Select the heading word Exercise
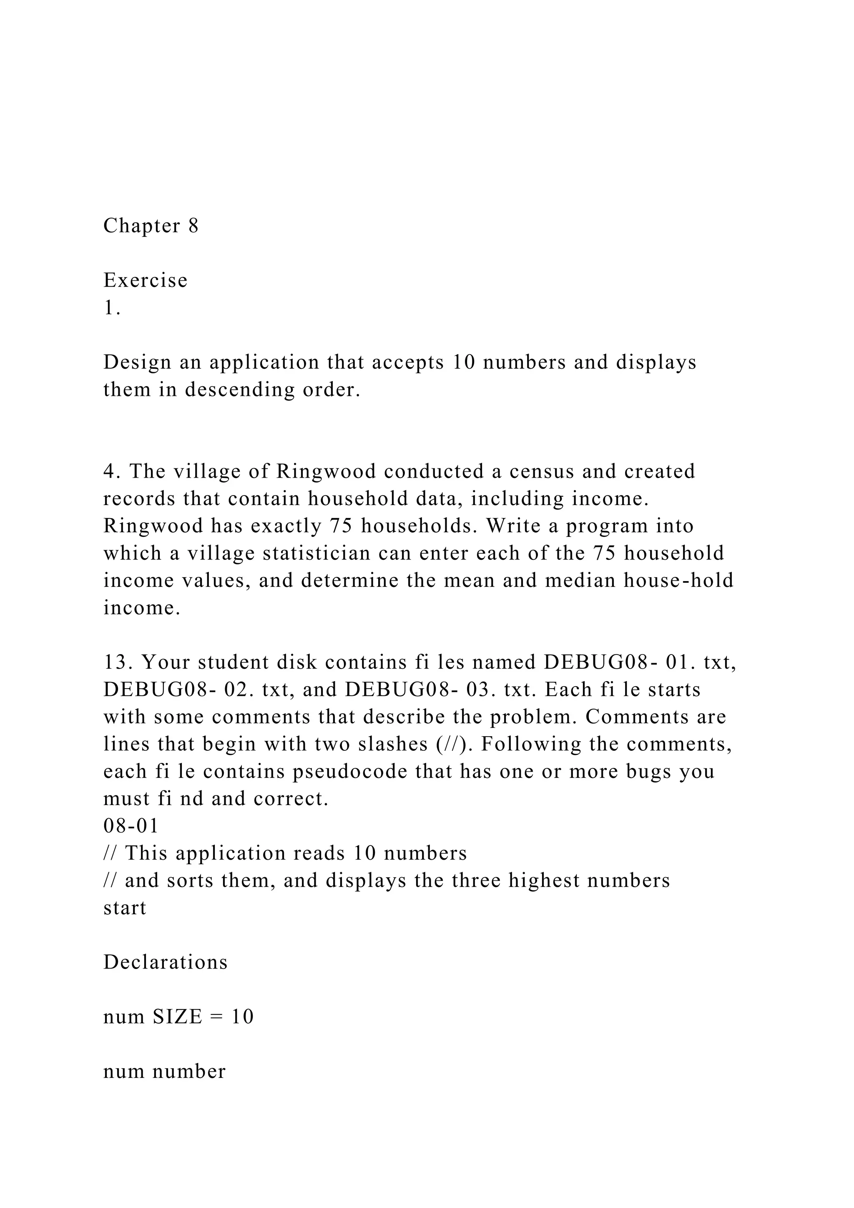click(x=145, y=280)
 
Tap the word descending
click(x=240, y=390)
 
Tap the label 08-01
click(x=131, y=826)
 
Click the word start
click(x=125, y=908)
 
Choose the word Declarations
click(x=166, y=963)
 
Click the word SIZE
click(x=177, y=1017)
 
